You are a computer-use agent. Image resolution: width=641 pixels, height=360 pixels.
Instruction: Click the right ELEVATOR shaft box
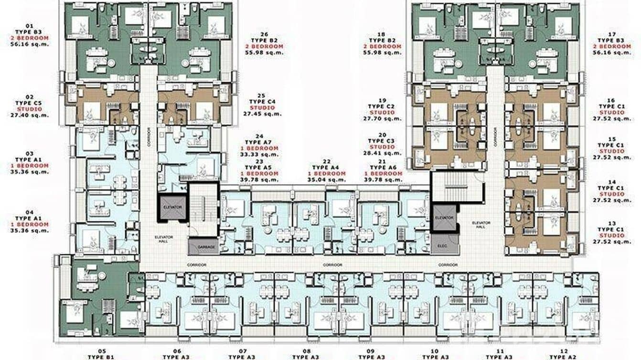point(444,218)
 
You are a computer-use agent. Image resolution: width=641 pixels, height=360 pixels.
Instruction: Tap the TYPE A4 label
point(326,168)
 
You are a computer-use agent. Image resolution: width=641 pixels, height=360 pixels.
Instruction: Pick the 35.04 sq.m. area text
point(326,180)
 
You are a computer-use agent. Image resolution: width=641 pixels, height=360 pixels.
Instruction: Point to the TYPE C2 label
point(381,106)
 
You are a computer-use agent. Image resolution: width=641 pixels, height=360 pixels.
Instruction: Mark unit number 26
point(264,34)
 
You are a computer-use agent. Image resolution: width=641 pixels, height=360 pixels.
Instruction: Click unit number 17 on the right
point(612,34)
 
